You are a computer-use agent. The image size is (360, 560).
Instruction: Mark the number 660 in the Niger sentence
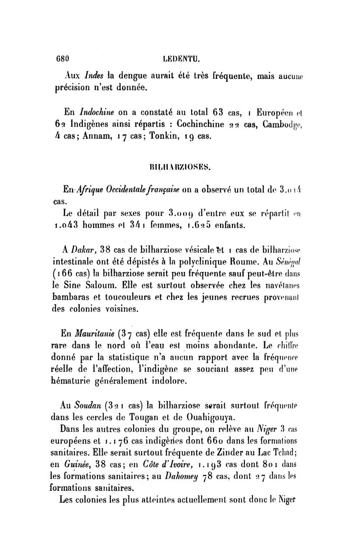point(219,439)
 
